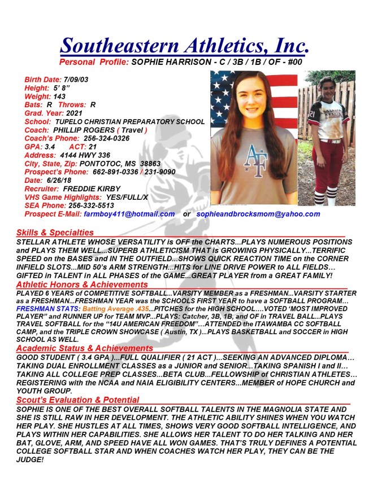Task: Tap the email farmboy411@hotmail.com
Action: pyautogui.click(x=129, y=214)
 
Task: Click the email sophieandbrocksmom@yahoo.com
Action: pyautogui.click(x=258, y=214)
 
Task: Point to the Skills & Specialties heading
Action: pyautogui.click(x=55, y=233)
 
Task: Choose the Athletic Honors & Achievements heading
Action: pyautogui.click(x=82, y=285)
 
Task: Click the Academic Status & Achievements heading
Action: pyautogui.click(x=84, y=348)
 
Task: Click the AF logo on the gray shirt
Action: pyautogui.click(x=255, y=161)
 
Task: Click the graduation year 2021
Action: pyautogui.click(x=74, y=113)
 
